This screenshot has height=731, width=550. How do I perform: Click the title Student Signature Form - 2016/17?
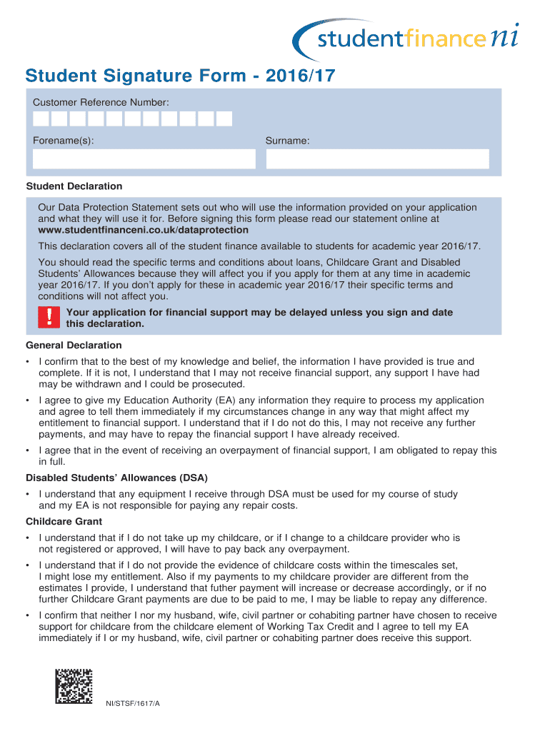[180, 76]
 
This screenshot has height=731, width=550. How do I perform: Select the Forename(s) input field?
[143, 158]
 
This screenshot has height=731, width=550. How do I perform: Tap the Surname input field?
[377, 158]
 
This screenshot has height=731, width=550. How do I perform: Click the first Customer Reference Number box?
[41, 119]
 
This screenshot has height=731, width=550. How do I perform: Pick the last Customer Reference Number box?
[224, 119]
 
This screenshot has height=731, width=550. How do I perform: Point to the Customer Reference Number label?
[101, 103]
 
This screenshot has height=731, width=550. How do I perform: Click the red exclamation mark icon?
[49, 318]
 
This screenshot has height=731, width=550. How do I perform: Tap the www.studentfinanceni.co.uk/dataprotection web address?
[143, 230]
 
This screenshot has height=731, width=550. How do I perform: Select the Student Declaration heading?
[74, 186]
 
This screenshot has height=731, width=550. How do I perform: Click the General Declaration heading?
[74, 346]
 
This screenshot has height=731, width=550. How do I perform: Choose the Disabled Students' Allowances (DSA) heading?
[116, 478]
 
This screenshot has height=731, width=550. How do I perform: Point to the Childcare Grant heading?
[64, 522]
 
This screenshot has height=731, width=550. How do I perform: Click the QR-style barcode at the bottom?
[74, 686]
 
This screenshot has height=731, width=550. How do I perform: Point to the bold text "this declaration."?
[105, 323]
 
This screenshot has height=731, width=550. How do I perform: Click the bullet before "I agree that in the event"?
[27, 450]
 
